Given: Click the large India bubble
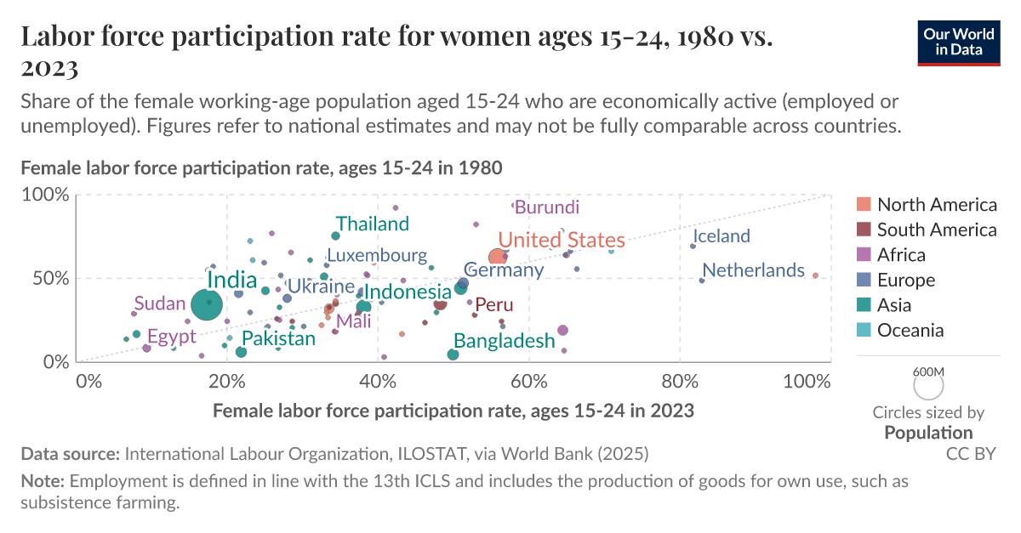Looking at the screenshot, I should click(x=207, y=304).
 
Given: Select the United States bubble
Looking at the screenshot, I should click(x=499, y=258).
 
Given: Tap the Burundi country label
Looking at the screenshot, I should click(x=547, y=207).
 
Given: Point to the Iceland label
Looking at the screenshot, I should click(x=722, y=236).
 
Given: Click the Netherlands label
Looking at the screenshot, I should click(x=753, y=270).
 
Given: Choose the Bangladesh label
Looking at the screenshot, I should click(x=504, y=341).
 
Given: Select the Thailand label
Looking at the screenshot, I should click(x=372, y=224).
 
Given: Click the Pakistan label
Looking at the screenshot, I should click(x=272, y=338).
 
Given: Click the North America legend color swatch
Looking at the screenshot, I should click(x=864, y=205).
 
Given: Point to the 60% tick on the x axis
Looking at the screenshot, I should click(x=528, y=380).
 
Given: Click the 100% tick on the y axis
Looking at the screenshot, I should click(x=45, y=195).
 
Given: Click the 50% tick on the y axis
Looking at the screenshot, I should click(x=49, y=278).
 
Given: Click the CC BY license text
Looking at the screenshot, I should click(x=971, y=454).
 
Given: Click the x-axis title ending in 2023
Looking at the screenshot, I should click(x=453, y=411).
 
